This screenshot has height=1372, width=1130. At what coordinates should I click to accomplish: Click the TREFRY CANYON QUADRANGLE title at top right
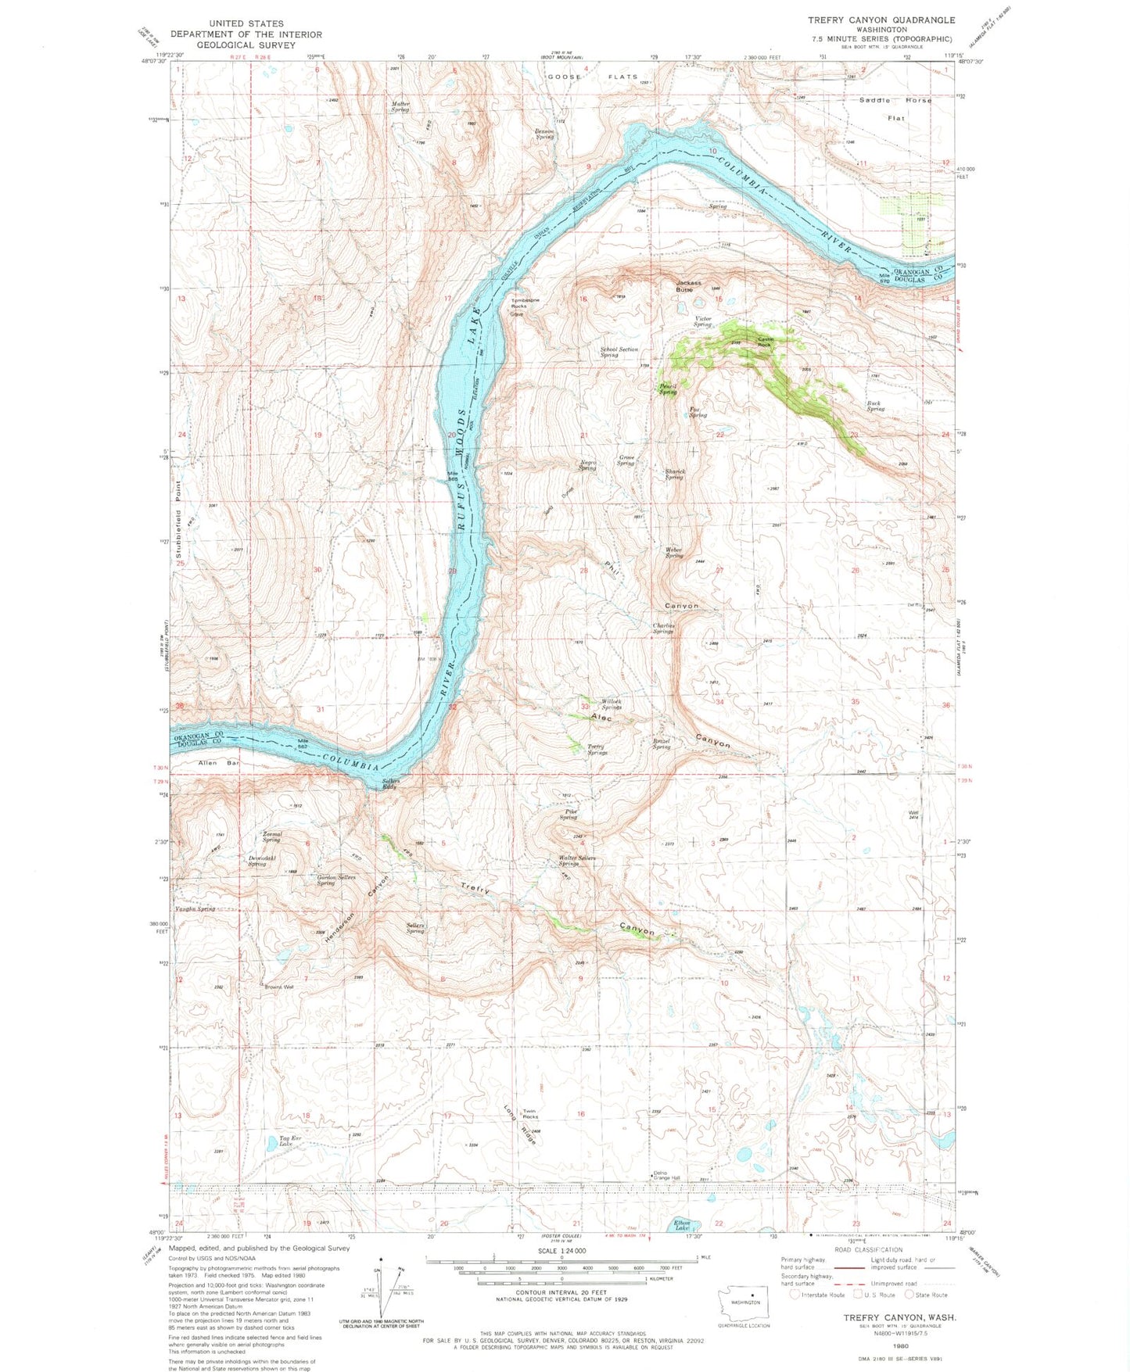(x=881, y=20)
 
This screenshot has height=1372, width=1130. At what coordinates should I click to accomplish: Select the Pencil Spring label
(x=667, y=389)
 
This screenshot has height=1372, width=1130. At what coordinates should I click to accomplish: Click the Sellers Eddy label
(x=391, y=784)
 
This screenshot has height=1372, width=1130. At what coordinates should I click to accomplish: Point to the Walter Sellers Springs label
(x=578, y=861)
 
